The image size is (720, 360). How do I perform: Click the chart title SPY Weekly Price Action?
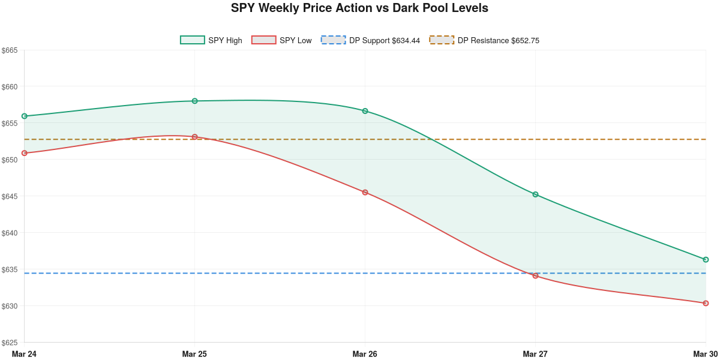click(359, 8)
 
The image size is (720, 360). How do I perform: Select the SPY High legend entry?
click(211, 40)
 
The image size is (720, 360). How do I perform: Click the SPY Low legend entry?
click(282, 40)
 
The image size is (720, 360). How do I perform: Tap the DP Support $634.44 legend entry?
click(370, 40)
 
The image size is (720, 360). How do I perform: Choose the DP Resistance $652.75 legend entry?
click(484, 40)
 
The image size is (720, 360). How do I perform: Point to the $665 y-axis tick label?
click(10, 50)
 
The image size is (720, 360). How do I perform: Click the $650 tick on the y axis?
click(10, 160)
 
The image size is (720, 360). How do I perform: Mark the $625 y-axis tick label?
click(10, 343)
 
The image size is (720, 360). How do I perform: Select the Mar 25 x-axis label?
click(194, 354)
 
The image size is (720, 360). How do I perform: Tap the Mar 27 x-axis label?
click(535, 354)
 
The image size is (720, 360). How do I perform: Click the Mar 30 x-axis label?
click(705, 354)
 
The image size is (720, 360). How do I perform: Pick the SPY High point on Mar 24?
click(25, 116)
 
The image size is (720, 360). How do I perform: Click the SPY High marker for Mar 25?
click(195, 101)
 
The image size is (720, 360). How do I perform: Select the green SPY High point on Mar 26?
click(365, 111)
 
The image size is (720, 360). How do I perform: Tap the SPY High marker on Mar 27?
click(535, 194)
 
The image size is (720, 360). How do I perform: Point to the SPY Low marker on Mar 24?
click(25, 153)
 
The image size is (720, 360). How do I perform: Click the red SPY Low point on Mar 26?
click(365, 193)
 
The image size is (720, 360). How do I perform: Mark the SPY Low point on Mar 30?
click(706, 303)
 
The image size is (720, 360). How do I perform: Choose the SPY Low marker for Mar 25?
click(195, 137)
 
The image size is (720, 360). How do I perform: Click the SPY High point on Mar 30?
click(706, 260)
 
